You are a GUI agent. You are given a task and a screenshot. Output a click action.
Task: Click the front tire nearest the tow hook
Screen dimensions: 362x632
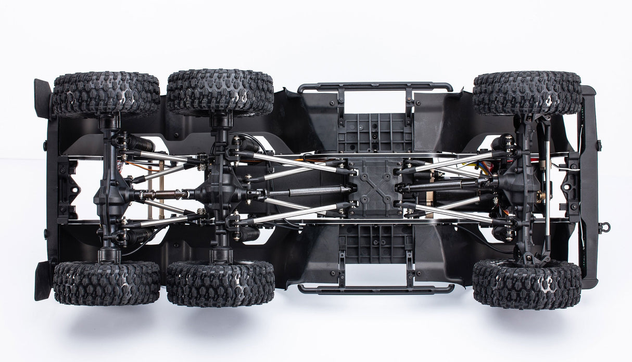pyautogui.click(x=527, y=284)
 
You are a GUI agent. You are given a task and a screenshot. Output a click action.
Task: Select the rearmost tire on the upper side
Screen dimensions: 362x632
pyautogui.click(x=106, y=94)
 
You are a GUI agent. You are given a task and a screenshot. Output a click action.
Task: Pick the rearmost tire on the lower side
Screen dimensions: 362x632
pyautogui.click(x=107, y=283)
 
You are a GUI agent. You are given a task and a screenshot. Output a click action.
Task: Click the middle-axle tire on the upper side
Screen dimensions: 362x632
pyautogui.click(x=220, y=93)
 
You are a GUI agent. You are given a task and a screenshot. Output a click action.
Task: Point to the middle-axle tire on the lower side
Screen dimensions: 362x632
pyautogui.click(x=220, y=283)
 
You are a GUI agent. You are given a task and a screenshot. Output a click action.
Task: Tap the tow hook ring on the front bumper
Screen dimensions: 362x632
pyautogui.click(x=604, y=227)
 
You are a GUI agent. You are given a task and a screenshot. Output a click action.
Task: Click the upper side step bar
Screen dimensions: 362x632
pyautogui.click(x=375, y=87)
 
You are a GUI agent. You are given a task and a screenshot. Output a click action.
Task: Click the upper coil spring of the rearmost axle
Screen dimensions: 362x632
pyautogui.click(x=141, y=143)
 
